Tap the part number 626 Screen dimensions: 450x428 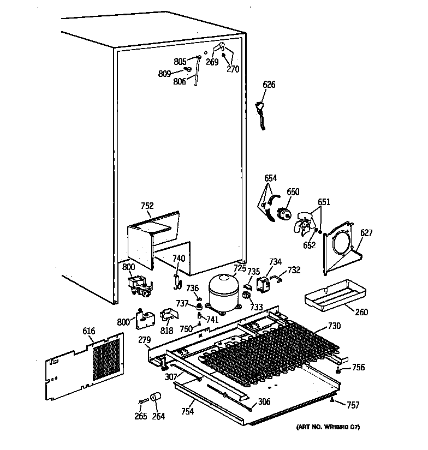pyautogui.click(x=269, y=85)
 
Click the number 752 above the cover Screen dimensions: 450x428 pyautogui.click(x=147, y=206)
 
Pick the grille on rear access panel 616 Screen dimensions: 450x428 pyautogui.click(x=105, y=358)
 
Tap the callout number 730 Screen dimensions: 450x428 pyautogui.click(x=334, y=326)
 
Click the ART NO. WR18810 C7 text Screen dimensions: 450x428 pyautogui.click(x=328, y=427)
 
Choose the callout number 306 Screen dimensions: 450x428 pyautogui.click(x=264, y=401)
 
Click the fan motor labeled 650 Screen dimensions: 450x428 pyautogui.click(x=284, y=213)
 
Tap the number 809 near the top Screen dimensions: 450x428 pyautogui.click(x=165, y=73)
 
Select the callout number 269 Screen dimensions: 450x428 pyautogui.click(x=212, y=62)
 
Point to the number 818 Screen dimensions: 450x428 pyautogui.click(x=167, y=331)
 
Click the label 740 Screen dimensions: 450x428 pyautogui.click(x=179, y=259)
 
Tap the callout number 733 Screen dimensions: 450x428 pyautogui.click(x=256, y=308)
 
